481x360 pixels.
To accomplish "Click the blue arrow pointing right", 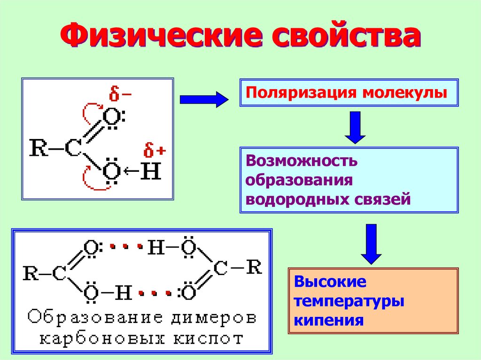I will pyautogui.click(x=203, y=100).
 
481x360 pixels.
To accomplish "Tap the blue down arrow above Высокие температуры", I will pyautogui.click(x=371, y=244).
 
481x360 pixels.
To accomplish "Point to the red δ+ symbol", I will pyautogui.click(x=155, y=151).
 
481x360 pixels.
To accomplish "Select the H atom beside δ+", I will pyautogui.click(x=151, y=172).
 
